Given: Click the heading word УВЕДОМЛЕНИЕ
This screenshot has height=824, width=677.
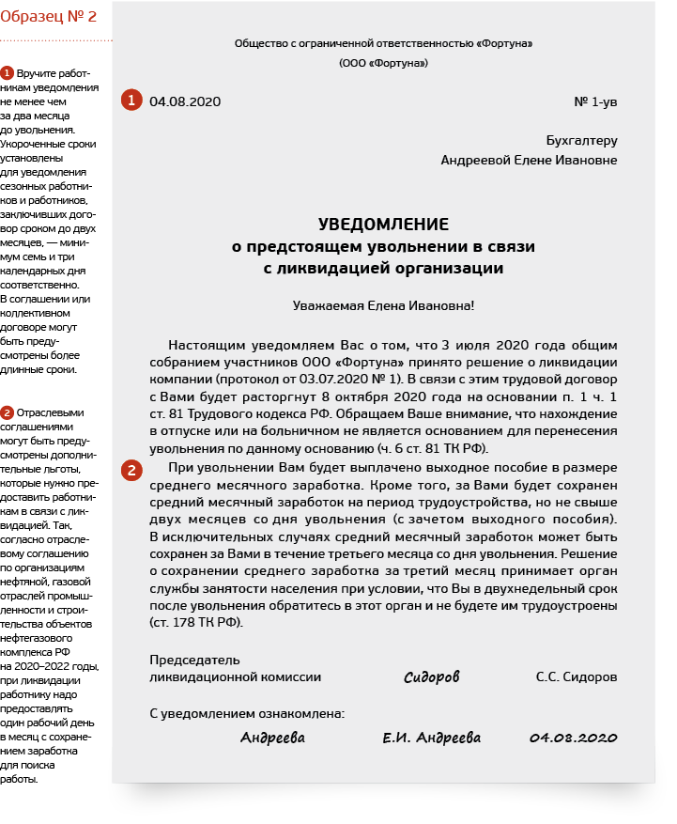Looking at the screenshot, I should pos(383,225).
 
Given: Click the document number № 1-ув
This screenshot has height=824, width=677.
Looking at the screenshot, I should pos(594,101).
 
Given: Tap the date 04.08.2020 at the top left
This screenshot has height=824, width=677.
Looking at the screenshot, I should pos(185,101).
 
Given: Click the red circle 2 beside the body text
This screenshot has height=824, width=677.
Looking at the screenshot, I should pos(131,470).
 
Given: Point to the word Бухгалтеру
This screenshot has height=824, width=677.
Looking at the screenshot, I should pos(581,141).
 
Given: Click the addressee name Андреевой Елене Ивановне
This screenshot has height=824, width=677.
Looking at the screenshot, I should pos(529,160).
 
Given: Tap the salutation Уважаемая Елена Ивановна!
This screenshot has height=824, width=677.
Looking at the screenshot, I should pos(383,304).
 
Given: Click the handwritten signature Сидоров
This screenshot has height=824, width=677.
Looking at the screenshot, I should pos(432,677).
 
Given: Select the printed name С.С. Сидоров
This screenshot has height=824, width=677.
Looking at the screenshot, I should pos(577,676).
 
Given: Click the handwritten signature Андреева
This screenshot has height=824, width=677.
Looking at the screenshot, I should pos(272,738).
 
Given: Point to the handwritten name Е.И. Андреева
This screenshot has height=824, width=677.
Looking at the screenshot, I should pos(432,738).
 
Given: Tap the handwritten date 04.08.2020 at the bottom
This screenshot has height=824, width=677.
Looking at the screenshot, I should pos(573,738).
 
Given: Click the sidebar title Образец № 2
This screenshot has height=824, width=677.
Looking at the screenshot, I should pos(49,17).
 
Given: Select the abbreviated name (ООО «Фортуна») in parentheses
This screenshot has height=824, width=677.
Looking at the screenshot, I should pos(383,63).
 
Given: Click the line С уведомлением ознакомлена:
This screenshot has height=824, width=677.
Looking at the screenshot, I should pos(247,714).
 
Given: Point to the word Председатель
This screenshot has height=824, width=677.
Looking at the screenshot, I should pos(194,660).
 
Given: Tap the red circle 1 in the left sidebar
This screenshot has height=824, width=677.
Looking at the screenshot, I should pos(7,73).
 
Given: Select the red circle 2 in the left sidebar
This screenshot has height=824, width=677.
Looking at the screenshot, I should pos(7,412).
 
